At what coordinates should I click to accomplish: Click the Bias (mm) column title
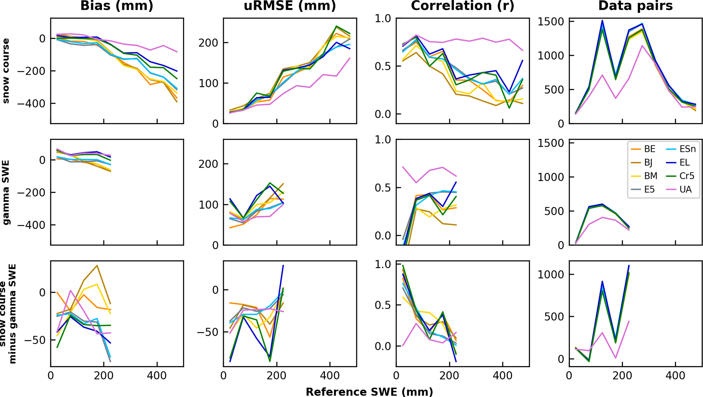tap(117, 6)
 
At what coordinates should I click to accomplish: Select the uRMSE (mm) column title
tap(290, 6)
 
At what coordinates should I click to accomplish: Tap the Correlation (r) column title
tap(463, 6)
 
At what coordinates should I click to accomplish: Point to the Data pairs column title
tap(635, 6)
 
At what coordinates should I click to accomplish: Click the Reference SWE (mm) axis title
tap(369, 392)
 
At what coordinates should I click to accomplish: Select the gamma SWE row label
tap(6, 192)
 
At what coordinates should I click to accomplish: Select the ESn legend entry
tap(687, 149)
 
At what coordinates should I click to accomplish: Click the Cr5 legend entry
tap(687, 176)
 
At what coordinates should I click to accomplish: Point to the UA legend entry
tap(685, 189)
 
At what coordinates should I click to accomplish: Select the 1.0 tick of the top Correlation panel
tap(383, 18)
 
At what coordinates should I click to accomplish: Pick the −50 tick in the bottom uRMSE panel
tap(208, 332)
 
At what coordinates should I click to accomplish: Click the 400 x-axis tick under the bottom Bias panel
tap(157, 376)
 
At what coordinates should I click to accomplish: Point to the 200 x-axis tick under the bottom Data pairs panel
tap(622, 376)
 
